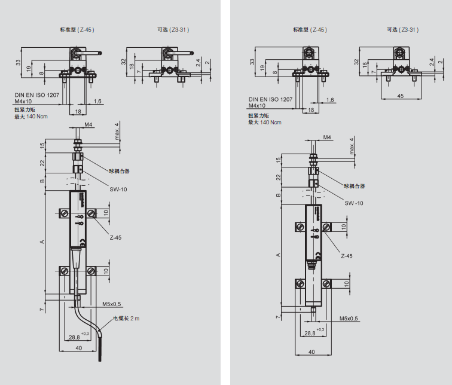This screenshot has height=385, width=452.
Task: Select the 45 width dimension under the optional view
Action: pyautogui.click(x=400, y=94)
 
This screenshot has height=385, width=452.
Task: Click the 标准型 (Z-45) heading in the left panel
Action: pyautogui.click(x=77, y=29)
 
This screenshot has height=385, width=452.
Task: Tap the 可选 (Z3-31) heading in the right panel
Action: pyautogui.click(x=401, y=29)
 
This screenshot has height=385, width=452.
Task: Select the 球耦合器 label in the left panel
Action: pyautogui.click(x=119, y=171)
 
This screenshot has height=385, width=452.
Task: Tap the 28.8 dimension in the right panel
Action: pyautogui.click(x=310, y=333)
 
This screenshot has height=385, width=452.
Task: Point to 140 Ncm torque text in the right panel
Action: pyautogui.click(x=270, y=122)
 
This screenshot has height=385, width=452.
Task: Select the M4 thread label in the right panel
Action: pyautogui.click(x=327, y=137)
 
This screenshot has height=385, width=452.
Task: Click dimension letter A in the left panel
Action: pyautogui.click(x=42, y=242)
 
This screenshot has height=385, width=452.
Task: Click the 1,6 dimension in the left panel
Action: pyautogui.click(x=97, y=102)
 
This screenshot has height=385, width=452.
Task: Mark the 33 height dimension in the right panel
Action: pyautogui.click(x=253, y=62)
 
